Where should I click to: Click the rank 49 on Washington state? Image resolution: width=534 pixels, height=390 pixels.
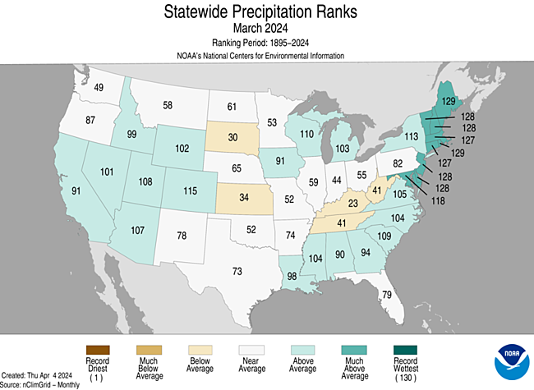pyautogui.click(x=98, y=88)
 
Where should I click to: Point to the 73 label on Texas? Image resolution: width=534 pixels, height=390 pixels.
pyautogui.click(x=237, y=271)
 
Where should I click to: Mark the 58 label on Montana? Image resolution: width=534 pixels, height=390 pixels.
pyautogui.click(x=168, y=105)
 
